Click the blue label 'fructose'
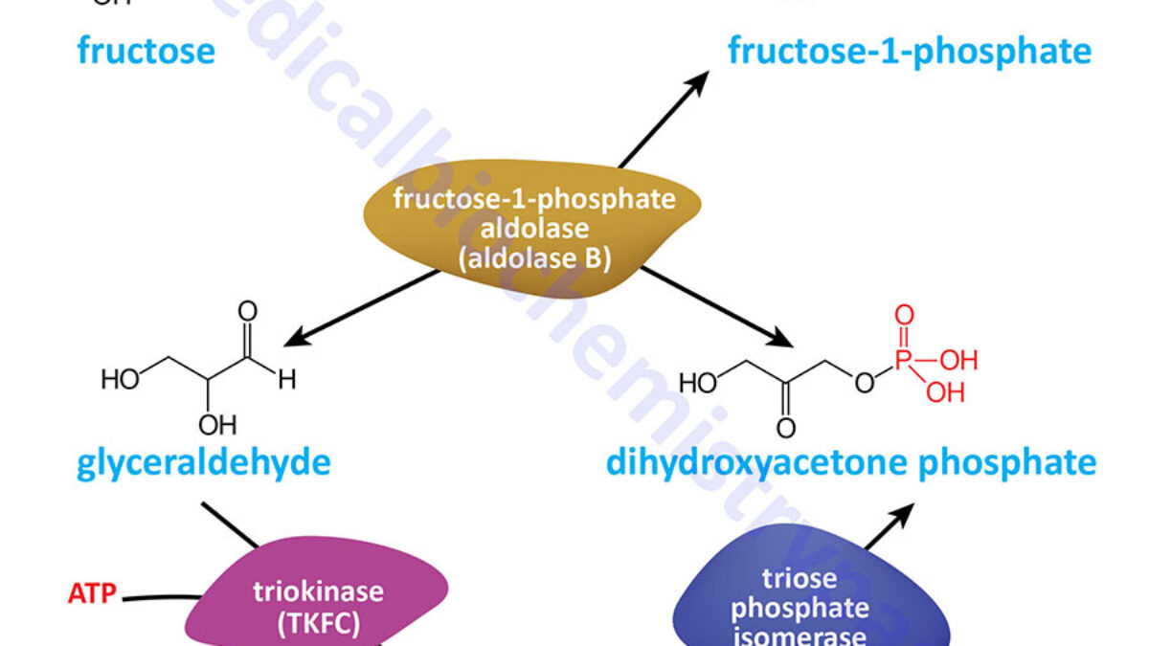tap(146, 50)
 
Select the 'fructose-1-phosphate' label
tap(909, 50)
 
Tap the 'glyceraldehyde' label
tap(203, 463)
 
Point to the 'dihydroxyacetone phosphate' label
tap(851, 463)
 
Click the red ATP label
tap(92, 595)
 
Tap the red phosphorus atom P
tap(903, 361)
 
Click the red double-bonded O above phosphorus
tap(904, 316)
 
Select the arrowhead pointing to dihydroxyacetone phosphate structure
tap(787, 340)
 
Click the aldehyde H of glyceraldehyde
tap(286, 380)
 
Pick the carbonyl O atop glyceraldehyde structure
tap(248, 311)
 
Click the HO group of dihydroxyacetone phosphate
tap(698, 384)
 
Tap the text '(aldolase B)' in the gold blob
tap(533, 257)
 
